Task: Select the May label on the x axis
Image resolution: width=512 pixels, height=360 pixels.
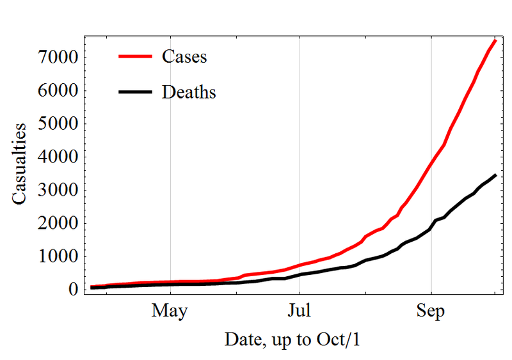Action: click(x=170, y=311)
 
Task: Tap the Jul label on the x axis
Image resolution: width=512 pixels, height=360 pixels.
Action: click(x=300, y=311)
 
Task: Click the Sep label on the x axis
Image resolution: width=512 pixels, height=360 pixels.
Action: click(x=431, y=311)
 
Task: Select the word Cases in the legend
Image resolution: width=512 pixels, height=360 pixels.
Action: click(x=184, y=56)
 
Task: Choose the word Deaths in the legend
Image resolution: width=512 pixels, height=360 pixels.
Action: click(x=189, y=92)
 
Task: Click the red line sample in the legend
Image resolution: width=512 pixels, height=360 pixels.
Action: click(x=135, y=56)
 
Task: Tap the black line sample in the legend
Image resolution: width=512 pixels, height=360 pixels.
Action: click(x=135, y=92)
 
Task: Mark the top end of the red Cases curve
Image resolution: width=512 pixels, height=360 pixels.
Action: click(x=495, y=41)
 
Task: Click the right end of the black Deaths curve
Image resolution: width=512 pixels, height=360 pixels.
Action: click(x=496, y=175)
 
